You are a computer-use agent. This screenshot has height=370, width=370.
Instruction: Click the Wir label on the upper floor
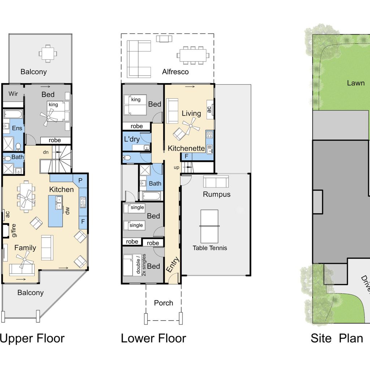[13, 94]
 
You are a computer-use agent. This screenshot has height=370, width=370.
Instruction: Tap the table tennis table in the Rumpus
[209, 226]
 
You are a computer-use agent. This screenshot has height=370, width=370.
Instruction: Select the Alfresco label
[175, 72]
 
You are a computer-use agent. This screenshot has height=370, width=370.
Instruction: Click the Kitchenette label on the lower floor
[186, 148]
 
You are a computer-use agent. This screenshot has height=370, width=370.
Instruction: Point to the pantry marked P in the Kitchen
[80, 181]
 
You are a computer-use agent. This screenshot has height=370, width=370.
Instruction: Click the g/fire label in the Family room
[14, 231]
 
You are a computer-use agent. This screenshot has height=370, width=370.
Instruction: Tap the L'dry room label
[132, 139]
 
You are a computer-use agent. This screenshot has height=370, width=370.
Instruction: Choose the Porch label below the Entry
[164, 303]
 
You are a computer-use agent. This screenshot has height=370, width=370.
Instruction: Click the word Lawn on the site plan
[356, 83]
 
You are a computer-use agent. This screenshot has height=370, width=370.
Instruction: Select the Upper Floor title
[32, 338]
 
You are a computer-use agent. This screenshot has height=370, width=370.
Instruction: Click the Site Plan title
[337, 338]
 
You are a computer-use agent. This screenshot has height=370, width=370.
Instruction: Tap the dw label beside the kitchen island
[67, 211]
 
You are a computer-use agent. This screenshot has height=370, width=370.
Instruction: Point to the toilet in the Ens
[18, 147]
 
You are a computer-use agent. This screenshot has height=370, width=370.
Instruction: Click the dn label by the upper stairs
[46, 152]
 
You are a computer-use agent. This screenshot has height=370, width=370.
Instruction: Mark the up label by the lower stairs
[176, 167]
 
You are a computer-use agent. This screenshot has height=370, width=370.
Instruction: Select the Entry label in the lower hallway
[172, 264]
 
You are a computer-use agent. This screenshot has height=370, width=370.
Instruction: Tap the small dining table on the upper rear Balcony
[48, 53]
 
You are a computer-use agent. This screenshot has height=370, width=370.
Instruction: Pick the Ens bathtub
[13, 114]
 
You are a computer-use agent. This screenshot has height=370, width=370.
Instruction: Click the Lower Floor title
[153, 338]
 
